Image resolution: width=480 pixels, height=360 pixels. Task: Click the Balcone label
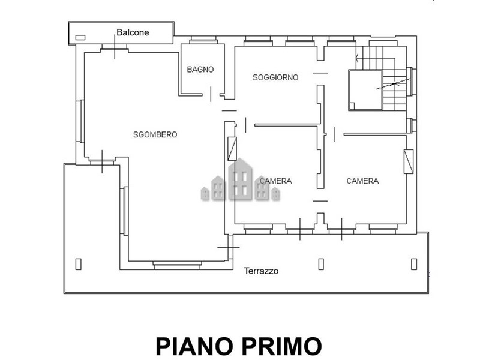click(133, 32)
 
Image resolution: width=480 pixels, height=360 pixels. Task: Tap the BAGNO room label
click(200, 70)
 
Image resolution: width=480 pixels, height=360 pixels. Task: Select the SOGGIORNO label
click(275, 77)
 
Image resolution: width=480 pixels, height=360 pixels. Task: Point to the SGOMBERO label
click(155, 134)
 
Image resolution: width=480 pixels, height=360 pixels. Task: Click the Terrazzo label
click(261, 271)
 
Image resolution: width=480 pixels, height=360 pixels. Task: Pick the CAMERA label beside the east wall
click(362, 181)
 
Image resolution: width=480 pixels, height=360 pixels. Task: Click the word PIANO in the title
click(197, 346)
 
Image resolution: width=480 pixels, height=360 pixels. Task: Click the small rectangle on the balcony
click(80, 38)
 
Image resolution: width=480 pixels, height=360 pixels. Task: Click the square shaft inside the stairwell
click(365, 90)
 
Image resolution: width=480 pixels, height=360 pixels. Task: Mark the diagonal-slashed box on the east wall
click(409, 161)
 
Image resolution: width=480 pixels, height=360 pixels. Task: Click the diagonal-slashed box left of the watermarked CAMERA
click(232, 148)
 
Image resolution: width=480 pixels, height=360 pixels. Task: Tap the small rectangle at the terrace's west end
click(79, 264)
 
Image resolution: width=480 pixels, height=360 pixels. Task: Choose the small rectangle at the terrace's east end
click(414, 264)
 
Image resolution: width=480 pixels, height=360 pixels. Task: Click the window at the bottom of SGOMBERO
click(177, 265)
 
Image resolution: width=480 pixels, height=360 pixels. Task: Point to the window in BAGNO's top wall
click(203, 40)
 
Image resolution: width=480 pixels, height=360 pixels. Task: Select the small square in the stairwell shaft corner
click(352, 106)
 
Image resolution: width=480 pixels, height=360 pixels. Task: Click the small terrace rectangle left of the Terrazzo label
click(321, 264)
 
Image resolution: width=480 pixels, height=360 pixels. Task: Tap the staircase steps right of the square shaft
click(395, 89)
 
